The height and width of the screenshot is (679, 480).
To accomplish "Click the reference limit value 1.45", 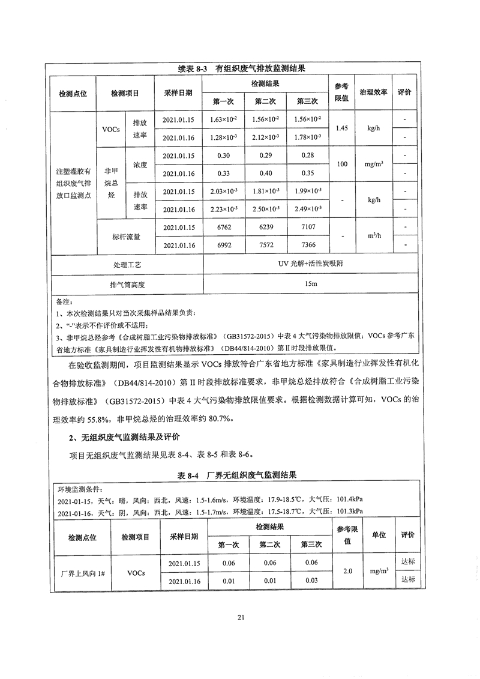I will click(x=341, y=128).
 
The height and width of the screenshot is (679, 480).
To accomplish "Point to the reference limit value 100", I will click(x=341, y=164).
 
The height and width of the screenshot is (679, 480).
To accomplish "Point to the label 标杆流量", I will click(x=126, y=237).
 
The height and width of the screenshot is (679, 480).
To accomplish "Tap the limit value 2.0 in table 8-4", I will click(x=347, y=572).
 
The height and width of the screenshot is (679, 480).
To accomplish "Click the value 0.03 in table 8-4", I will click(x=311, y=581).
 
